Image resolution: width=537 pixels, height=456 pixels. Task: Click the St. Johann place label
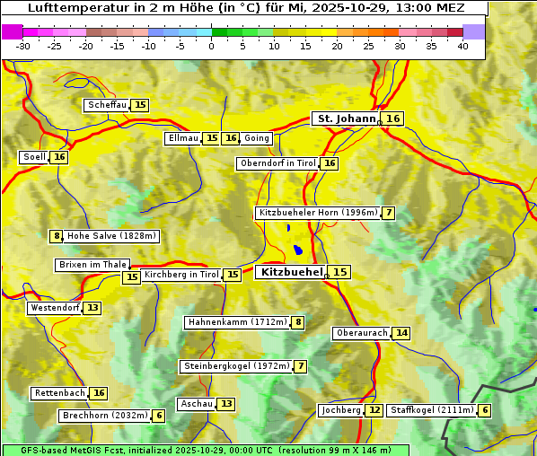pos(346,118)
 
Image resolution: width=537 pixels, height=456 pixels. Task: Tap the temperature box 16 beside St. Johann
pos(393,118)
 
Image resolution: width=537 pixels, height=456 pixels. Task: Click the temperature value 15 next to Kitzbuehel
pos(339,272)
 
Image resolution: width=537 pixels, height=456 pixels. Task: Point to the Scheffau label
pos(107,105)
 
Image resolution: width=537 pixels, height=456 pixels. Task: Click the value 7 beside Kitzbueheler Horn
pos(388,213)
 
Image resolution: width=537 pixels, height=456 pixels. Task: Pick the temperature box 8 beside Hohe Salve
pos(57,236)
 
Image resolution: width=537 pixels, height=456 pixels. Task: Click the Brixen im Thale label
pos(92,265)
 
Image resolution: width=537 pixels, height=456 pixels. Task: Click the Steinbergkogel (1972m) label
pos(236,366)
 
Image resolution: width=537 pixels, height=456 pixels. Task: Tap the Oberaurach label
pos(361,333)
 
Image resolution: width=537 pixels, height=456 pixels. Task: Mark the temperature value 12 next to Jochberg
pos(374,410)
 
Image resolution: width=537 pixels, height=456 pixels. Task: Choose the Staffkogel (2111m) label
pos(431,410)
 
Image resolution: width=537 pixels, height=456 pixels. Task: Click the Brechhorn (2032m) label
pos(104,416)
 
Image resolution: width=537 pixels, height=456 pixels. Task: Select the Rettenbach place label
pos(60,393)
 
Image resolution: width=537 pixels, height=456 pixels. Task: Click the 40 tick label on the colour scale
pos(462,46)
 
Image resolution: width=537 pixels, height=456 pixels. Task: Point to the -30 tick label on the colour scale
pos(23,46)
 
